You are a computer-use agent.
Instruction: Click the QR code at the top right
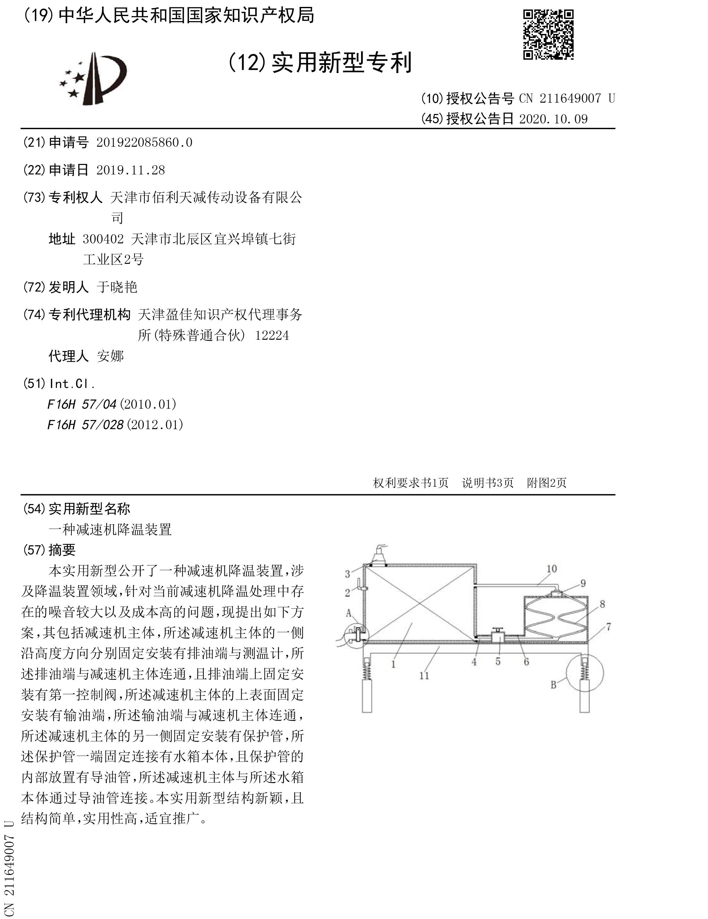(x=548, y=35)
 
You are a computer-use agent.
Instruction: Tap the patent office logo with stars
(x=93, y=79)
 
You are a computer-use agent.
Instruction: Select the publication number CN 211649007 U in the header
(x=567, y=99)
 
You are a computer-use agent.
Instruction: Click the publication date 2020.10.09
(x=553, y=119)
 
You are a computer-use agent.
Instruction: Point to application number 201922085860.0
(x=144, y=143)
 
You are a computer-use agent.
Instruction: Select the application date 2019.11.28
(x=130, y=170)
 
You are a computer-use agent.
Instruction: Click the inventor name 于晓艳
(x=117, y=287)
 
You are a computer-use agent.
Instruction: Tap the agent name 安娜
(x=110, y=356)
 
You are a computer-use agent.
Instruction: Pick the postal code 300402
(x=103, y=239)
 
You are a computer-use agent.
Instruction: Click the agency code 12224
(x=272, y=335)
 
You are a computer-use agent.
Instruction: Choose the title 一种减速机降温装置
(x=110, y=529)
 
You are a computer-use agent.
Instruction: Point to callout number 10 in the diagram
(x=552, y=569)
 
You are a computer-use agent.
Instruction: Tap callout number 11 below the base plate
(x=424, y=675)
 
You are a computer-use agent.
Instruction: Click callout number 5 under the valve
(x=498, y=661)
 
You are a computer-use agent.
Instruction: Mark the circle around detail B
(x=585, y=673)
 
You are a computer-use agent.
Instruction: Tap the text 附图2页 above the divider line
(x=547, y=483)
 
